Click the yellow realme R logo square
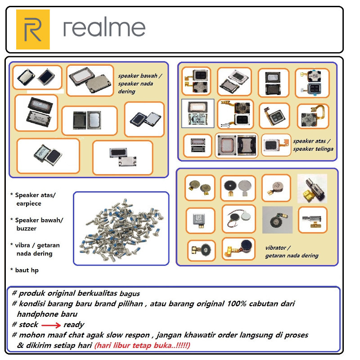[33, 29]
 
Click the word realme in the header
[104, 28]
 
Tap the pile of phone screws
[121, 229]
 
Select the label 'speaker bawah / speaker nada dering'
[139, 83]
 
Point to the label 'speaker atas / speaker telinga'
[313, 144]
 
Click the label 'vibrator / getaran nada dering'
[292, 252]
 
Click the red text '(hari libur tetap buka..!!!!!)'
[142, 346]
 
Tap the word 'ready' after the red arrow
[74, 324]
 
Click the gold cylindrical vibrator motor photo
[312, 188]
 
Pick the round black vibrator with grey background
[277, 220]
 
